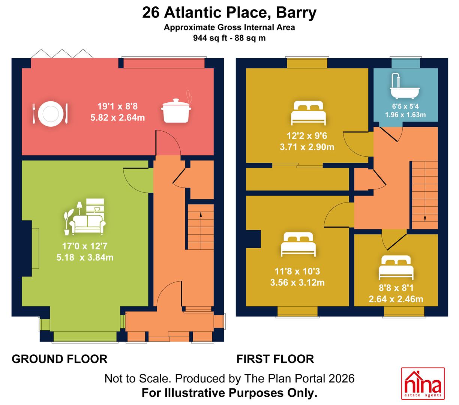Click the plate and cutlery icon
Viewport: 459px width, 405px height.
[50, 114]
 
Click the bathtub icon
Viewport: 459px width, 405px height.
[405, 86]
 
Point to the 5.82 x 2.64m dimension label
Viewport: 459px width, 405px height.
[118, 118]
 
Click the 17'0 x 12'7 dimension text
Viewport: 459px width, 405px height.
[85, 246]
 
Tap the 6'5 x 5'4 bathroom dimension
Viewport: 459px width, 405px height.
[405, 106]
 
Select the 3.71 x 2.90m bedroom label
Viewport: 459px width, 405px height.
[307, 147]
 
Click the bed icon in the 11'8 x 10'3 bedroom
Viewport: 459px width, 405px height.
[298, 244]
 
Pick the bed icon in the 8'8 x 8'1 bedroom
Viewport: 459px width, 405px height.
[396, 267]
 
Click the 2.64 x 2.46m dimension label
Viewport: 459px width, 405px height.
[396, 299]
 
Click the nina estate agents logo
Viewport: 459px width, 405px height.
[423, 386]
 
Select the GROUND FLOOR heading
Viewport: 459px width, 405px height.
[60, 359]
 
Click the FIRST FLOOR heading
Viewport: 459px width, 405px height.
[275, 359]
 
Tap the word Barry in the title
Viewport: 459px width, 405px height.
[296, 13]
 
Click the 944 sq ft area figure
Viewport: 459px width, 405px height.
[210, 38]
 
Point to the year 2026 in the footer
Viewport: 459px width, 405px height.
[341, 378]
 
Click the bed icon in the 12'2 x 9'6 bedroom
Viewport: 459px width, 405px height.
[308, 113]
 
